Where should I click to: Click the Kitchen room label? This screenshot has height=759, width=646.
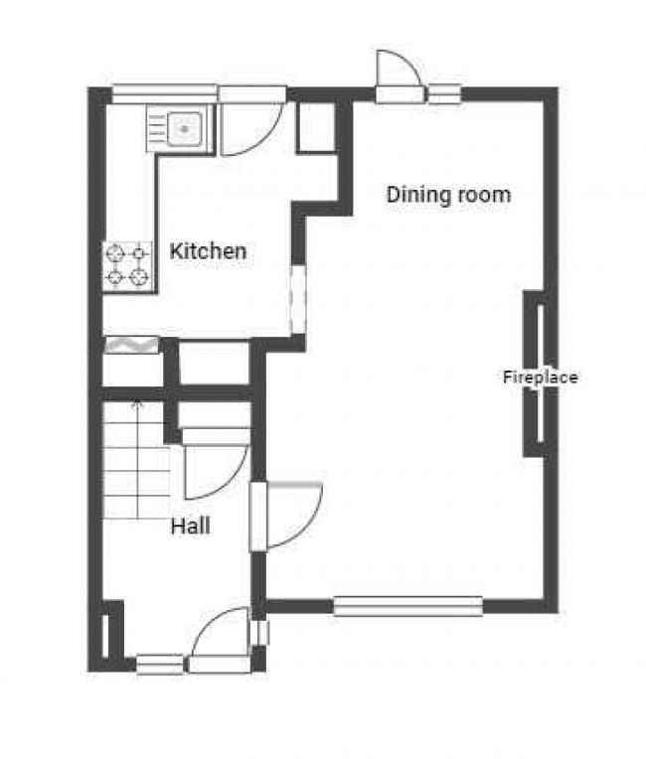209,251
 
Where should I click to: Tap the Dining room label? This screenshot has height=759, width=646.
448,195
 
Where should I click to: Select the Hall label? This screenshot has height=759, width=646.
190,527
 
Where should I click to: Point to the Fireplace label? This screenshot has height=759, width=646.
541,378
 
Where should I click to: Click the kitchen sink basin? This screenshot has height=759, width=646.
184,129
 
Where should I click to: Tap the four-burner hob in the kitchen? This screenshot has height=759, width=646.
127,266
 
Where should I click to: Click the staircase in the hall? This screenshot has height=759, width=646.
136,459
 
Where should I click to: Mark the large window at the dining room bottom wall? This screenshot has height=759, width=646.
408,606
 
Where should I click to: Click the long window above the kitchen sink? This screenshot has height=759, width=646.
165,94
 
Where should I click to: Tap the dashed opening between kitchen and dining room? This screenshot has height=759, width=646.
298,299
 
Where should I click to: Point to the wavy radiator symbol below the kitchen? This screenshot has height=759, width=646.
132,345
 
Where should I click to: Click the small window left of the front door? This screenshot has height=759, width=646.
160,664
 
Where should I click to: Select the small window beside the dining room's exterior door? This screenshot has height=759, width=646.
444,94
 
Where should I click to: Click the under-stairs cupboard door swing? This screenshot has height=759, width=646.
217,472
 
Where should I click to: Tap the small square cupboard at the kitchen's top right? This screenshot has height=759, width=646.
316,128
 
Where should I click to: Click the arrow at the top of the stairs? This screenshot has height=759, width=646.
138,403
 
